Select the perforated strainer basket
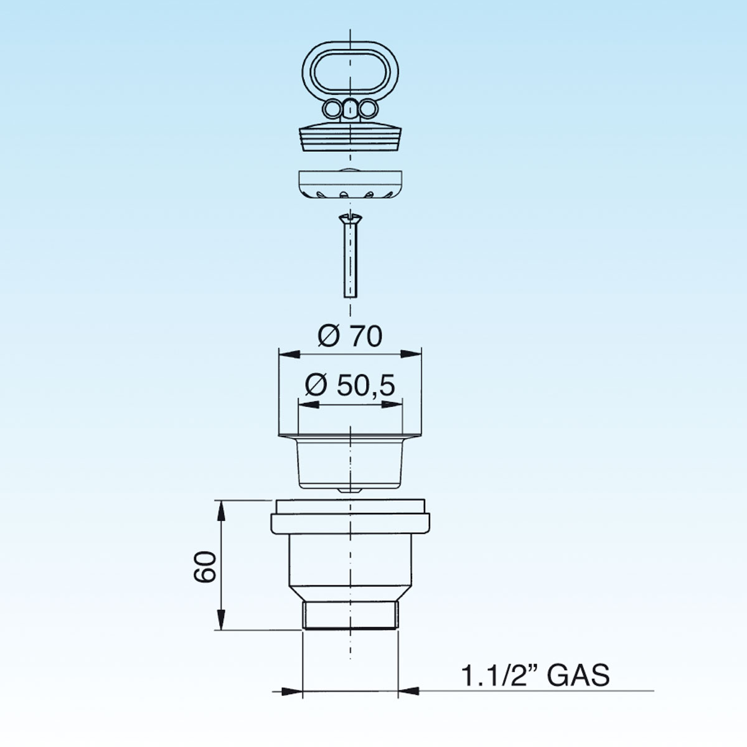coord(350,184)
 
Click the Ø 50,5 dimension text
coord(350,385)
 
